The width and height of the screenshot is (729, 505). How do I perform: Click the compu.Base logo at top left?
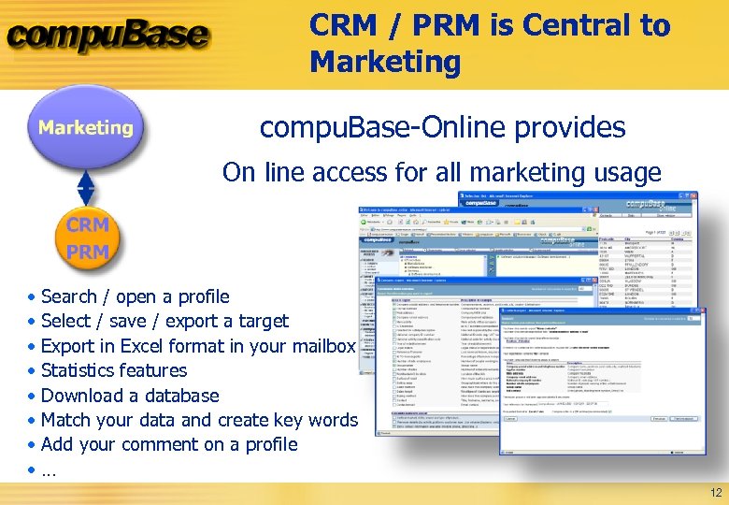tap(107, 37)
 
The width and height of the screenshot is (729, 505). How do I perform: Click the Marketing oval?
tap(86, 128)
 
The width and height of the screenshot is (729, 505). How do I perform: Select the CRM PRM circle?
tap(87, 238)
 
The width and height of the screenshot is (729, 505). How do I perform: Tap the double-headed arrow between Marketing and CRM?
tap(86, 186)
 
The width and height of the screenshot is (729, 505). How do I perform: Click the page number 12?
tap(716, 493)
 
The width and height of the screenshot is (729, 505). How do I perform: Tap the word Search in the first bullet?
tap(69, 296)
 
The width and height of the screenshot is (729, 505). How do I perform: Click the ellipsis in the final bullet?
tap(49, 470)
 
